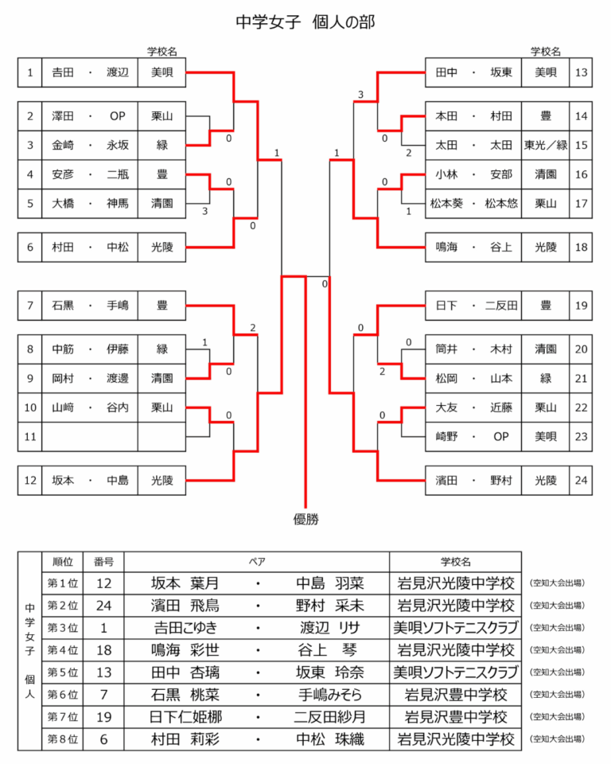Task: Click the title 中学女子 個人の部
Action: coord(305,21)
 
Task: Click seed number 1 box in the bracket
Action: coord(29,73)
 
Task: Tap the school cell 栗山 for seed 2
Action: coord(162,116)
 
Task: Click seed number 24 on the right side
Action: coord(581,480)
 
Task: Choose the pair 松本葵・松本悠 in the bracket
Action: coord(473,203)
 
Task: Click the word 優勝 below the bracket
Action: coord(305,520)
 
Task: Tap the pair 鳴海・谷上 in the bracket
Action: coord(473,247)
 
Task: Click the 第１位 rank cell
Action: coord(63,583)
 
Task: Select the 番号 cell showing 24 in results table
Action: coord(103,606)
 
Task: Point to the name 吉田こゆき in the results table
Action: coord(189,627)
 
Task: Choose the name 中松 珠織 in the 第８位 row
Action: coord(329,739)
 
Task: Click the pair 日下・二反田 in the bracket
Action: coord(473,305)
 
